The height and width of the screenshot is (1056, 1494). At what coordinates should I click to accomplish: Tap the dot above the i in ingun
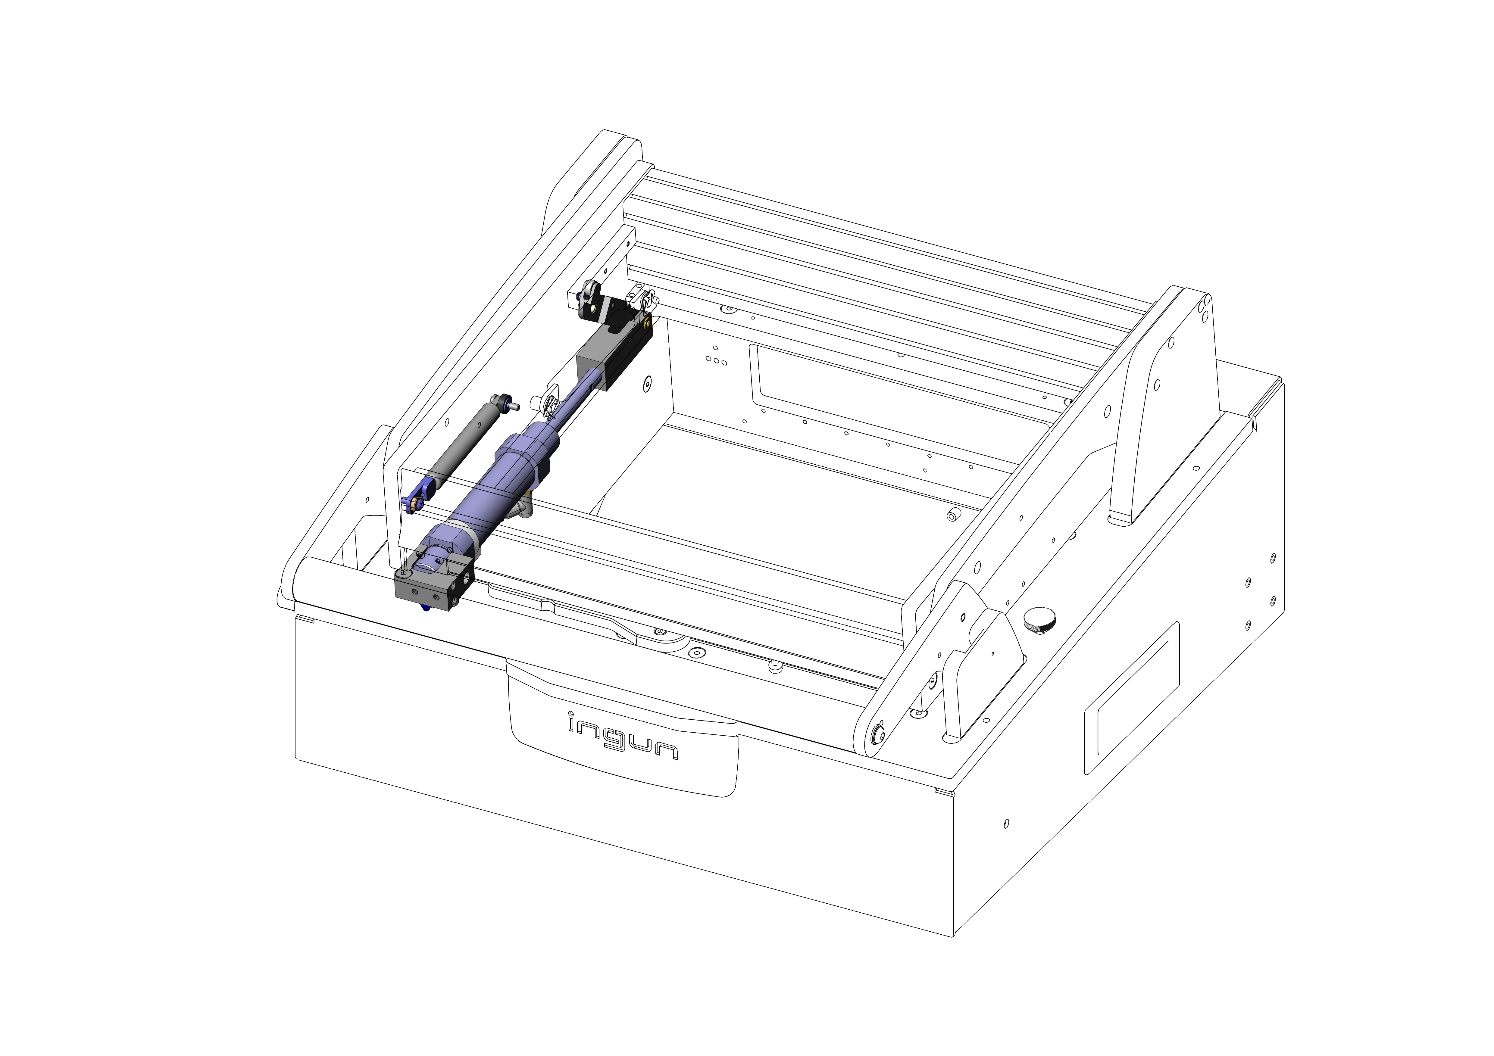[571, 715]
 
